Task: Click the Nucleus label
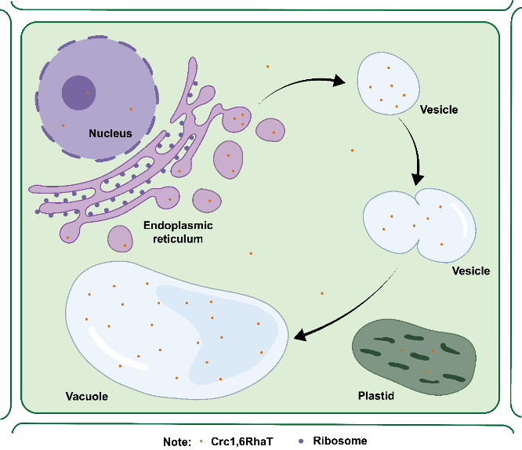tap(111, 133)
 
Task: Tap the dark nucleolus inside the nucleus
tap(79, 93)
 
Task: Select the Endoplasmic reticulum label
tap(179, 232)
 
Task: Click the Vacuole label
tap(86, 396)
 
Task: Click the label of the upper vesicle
tap(439, 110)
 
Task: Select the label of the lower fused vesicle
tap(471, 271)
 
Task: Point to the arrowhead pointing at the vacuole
tap(300, 336)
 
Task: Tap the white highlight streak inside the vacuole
tap(118, 348)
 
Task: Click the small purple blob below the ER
tap(120, 238)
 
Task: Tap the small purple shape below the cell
tap(301, 441)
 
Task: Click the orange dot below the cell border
tap(201, 441)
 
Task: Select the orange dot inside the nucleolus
tap(89, 93)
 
